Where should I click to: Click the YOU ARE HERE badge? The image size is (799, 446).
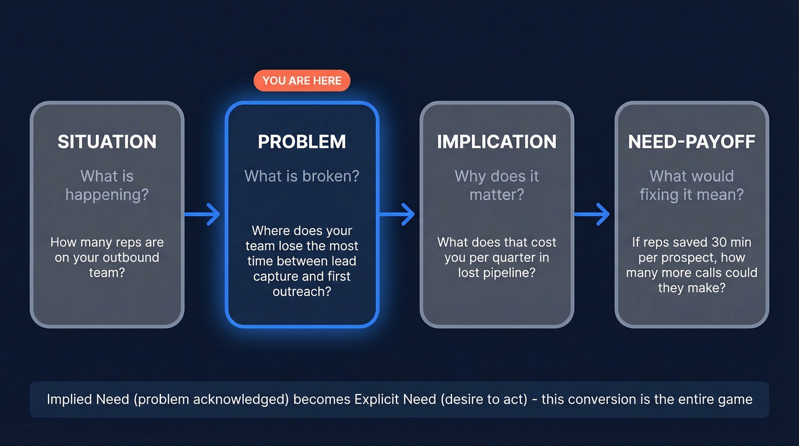[302, 81]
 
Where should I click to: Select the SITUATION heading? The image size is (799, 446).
[107, 142]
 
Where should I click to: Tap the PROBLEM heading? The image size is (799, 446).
[302, 142]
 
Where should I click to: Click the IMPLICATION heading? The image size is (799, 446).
[497, 142]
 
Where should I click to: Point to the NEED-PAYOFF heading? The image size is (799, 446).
[692, 142]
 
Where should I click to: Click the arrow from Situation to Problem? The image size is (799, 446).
[203, 214]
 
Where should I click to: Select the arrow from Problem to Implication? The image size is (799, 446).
[398, 214]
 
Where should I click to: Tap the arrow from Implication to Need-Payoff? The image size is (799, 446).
[593, 214]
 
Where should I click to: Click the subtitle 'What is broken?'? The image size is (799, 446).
[302, 176]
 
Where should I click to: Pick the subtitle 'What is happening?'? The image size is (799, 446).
[107, 185]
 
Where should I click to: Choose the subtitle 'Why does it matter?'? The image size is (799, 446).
[497, 185]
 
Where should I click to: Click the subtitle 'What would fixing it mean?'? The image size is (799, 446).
[692, 185]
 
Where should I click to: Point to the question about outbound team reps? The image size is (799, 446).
[107, 257]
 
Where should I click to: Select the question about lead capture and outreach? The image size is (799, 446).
[302, 261]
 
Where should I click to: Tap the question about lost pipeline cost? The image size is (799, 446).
[497, 257]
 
